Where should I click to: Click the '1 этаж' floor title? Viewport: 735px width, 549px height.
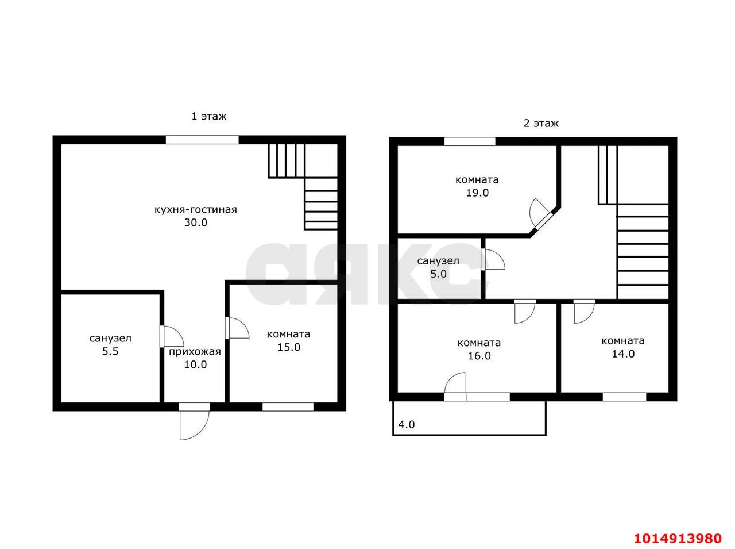208,116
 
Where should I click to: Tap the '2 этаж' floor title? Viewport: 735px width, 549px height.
541,124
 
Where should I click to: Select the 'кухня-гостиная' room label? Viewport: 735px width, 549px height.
196,210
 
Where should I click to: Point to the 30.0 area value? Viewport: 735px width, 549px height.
196,222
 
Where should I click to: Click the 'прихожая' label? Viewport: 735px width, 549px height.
195,352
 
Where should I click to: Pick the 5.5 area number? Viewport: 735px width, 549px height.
110,352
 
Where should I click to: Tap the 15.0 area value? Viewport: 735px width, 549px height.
288,347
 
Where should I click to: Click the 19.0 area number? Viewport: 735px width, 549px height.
477,193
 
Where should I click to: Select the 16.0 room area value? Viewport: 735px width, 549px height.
479,356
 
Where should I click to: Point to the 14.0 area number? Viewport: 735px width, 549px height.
623,354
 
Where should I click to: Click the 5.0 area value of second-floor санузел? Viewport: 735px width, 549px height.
438,274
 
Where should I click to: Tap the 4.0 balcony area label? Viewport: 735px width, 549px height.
406,425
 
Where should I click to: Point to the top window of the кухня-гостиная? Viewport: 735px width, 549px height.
202,140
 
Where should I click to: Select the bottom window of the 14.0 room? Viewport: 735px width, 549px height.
624,397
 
